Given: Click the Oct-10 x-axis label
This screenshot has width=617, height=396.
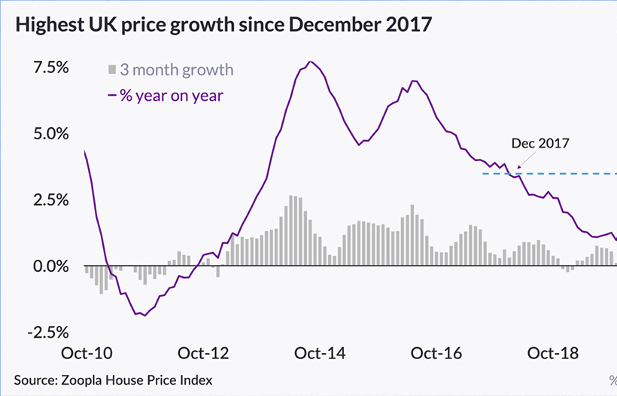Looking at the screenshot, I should [x=84, y=353].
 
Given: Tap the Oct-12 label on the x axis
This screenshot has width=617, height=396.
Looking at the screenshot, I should [x=202, y=353].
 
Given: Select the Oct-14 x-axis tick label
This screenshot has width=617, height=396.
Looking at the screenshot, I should [x=319, y=353].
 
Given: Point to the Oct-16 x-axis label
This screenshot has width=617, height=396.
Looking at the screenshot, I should [x=436, y=353].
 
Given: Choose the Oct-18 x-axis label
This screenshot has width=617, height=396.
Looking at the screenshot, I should [x=553, y=353].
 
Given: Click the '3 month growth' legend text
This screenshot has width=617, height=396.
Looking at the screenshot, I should [x=177, y=70].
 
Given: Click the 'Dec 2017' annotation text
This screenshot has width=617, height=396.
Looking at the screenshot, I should [x=540, y=143].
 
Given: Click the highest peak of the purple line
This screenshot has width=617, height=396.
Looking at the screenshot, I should [x=311, y=62].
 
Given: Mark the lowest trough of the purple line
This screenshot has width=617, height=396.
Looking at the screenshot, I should [x=144, y=315].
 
